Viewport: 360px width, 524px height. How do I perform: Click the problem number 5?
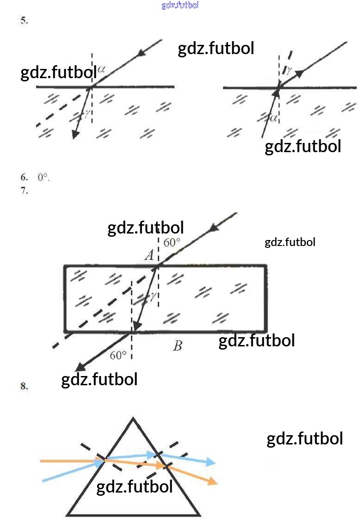[24, 20]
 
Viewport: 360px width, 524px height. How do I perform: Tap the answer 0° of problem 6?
[43, 177]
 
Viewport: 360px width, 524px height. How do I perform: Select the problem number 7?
[24, 190]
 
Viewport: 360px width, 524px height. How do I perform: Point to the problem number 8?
[24, 387]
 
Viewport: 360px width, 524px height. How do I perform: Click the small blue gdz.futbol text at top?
[180, 5]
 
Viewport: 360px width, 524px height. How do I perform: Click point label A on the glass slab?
[149, 255]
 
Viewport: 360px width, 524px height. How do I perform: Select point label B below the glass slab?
[178, 346]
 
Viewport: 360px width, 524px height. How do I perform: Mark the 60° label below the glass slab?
[118, 355]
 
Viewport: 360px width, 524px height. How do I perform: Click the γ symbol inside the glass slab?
[152, 296]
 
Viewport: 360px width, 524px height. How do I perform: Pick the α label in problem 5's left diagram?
[102, 69]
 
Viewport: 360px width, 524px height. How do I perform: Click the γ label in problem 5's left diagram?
[87, 112]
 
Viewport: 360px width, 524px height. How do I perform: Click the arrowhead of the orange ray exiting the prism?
[212, 481]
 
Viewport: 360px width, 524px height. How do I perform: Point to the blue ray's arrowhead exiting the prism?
[211, 462]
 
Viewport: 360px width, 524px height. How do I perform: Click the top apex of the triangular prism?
[133, 419]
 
